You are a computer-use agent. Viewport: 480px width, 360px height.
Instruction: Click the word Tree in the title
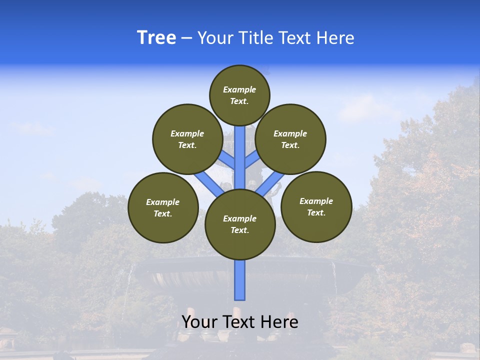coord(156,38)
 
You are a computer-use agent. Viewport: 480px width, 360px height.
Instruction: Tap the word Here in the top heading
coord(335,38)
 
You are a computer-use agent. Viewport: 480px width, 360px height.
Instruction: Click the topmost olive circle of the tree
coord(239,95)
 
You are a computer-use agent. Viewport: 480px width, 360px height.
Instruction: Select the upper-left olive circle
coord(187,139)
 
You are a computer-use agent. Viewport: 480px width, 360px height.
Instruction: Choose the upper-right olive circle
coord(290,139)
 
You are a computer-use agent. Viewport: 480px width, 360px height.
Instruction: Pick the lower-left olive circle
coord(163,207)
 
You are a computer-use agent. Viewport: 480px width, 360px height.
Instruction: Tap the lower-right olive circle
coord(316,206)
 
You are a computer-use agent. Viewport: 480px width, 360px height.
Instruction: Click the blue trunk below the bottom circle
coord(240,280)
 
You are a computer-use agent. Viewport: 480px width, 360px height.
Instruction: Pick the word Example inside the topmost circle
coord(239,89)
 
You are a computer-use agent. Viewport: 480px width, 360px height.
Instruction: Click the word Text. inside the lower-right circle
coord(316,212)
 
